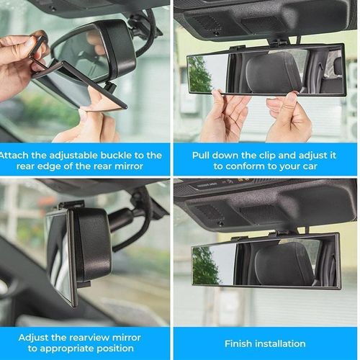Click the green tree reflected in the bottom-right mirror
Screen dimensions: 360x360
tap(205, 265)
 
